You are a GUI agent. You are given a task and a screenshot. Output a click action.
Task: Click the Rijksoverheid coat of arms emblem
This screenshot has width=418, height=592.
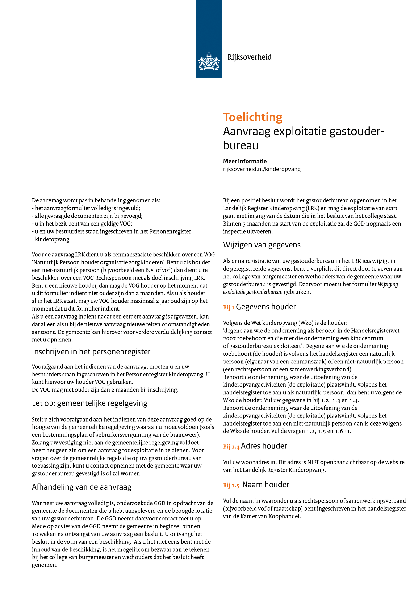pyautogui.click(x=209, y=61)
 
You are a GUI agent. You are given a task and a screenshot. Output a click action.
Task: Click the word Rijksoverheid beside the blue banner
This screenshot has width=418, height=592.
pyautogui.click(x=249, y=57)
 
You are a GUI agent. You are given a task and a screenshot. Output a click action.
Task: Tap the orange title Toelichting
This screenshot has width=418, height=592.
pyautogui.click(x=253, y=117)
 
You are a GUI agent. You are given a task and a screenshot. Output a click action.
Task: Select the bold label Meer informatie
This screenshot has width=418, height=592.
pyautogui.click(x=245, y=162)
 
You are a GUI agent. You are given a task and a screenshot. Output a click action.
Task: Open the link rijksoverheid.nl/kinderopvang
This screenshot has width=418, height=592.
pyautogui.click(x=262, y=169)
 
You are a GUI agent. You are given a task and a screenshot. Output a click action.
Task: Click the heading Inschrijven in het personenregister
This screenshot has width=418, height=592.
pyautogui.click(x=91, y=352)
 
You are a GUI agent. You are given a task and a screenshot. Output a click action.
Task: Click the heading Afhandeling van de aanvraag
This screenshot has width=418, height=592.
pyautogui.click(x=82, y=487)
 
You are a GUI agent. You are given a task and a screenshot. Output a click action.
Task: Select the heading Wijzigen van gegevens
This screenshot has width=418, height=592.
pyautogui.click(x=262, y=245)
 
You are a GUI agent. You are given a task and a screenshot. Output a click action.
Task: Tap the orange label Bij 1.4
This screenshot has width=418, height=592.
pyautogui.click(x=231, y=447)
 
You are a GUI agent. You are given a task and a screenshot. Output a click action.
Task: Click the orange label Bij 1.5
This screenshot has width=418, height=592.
pyautogui.click(x=231, y=485)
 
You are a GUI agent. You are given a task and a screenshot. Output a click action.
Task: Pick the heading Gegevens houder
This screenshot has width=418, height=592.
pyautogui.click(x=266, y=307)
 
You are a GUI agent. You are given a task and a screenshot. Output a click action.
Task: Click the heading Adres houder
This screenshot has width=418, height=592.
pyautogui.click(x=264, y=446)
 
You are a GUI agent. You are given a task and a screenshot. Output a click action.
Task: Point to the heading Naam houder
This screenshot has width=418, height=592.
pyautogui.click(x=266, y=485)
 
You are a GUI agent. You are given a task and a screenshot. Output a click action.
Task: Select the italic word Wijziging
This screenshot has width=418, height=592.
pyautogui.click(x=388, y=284)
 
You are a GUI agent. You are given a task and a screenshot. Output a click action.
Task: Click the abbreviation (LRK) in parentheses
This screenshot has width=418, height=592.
pyautogui.click(x=312, y=208)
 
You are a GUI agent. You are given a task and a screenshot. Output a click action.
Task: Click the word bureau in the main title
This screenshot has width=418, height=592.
pyautogui.click(x=241, y=145)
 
